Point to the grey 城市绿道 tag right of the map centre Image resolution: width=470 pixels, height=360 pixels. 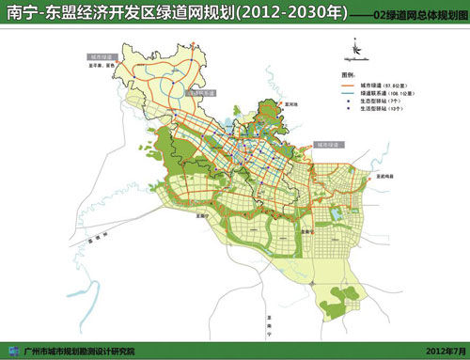[330, 144]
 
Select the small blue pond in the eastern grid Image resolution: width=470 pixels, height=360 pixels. [334, 215]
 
